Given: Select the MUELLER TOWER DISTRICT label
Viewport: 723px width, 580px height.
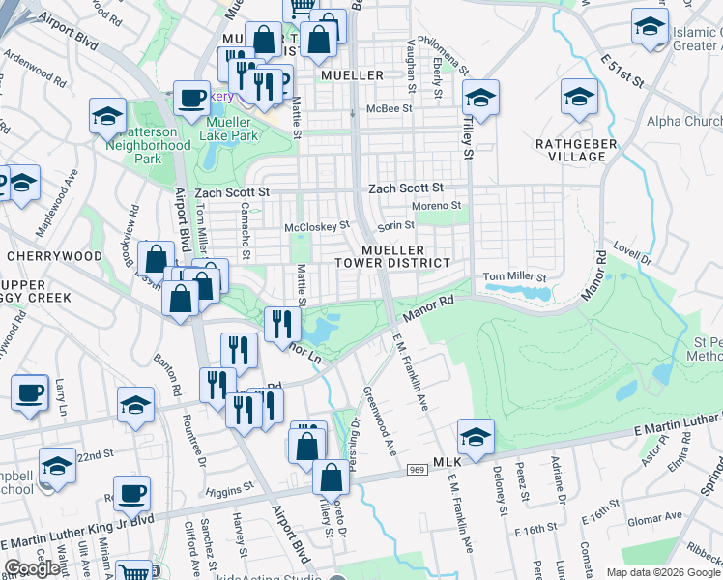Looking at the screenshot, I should click(x=392, y=256).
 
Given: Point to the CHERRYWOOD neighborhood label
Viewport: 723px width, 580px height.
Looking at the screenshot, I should click(x=54, y=256).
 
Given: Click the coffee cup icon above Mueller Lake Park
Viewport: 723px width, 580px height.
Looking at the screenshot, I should click(x=191, y=99).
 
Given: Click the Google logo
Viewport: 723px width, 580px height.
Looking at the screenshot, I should click(x=33, y=568).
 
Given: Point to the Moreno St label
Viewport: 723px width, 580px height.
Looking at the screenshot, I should click(x=436, y=206).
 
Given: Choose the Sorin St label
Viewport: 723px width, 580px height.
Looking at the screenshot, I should click(x=395, y=225).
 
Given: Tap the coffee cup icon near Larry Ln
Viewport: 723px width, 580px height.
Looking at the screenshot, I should click(x=30, y=393).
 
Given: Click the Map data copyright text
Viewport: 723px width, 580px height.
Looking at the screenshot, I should click(x=662, y=572).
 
